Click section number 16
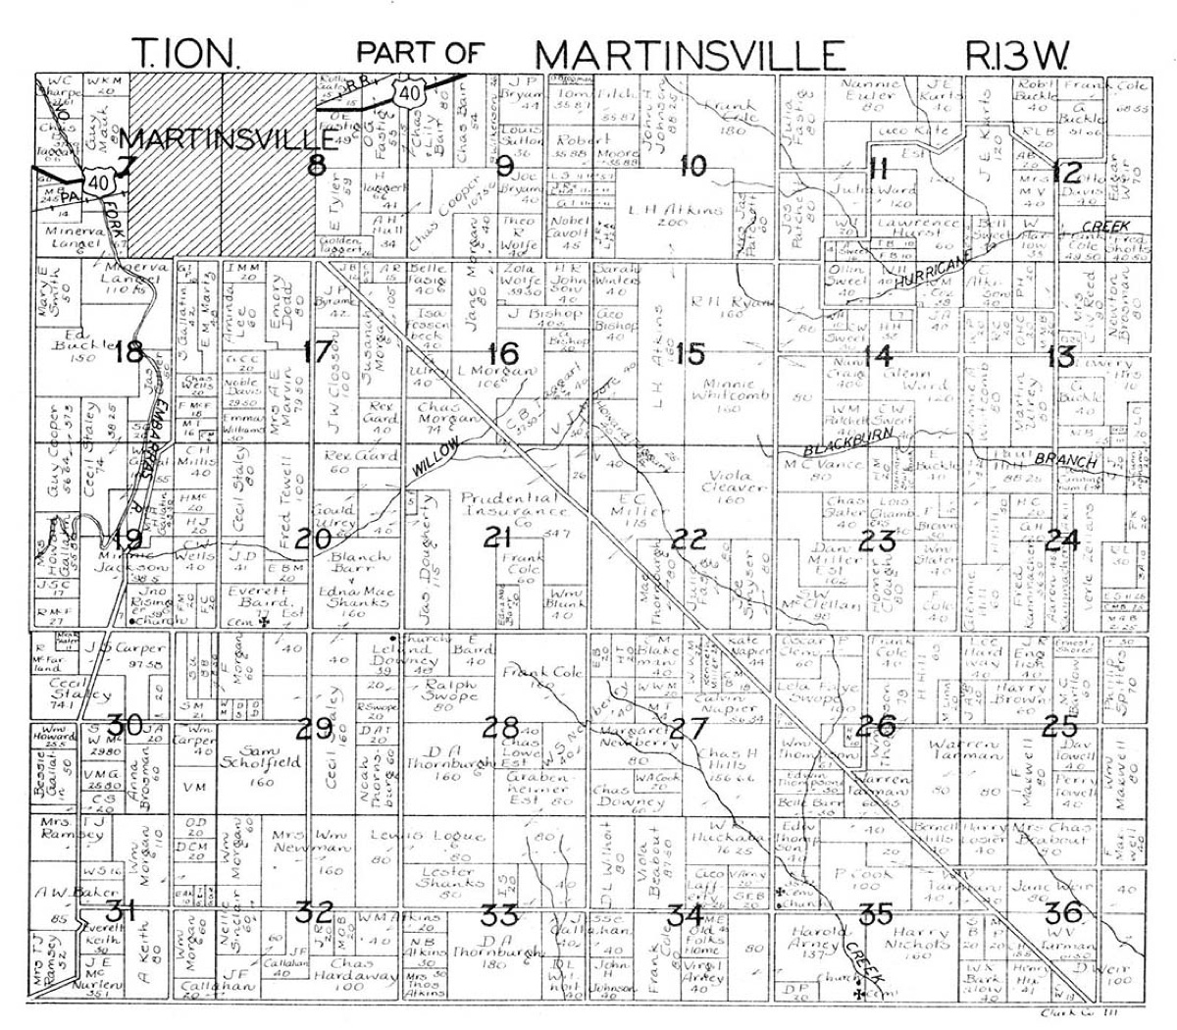[502, 353]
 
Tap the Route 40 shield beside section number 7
[95, 180]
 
